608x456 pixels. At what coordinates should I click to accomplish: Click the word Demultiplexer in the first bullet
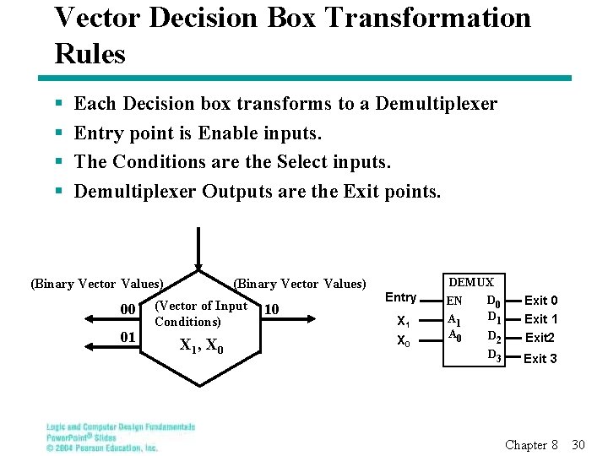coord(436,104)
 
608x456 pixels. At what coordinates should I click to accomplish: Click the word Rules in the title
coord(90,54)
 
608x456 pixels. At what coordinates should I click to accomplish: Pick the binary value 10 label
coord(271,310)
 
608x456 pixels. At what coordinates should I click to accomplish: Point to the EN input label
coord(454,301)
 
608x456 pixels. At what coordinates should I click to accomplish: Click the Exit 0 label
coord(540,301)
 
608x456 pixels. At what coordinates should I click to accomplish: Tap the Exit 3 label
coord(540,359)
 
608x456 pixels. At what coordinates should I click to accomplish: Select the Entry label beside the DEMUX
coord(401,297)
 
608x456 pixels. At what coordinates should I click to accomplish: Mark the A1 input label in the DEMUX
coord(454,320)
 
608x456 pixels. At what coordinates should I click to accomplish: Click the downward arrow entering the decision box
coord(198,249)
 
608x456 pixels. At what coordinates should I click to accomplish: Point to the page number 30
coord(578,444)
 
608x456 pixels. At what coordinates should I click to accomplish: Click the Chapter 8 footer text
coord(531,444)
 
